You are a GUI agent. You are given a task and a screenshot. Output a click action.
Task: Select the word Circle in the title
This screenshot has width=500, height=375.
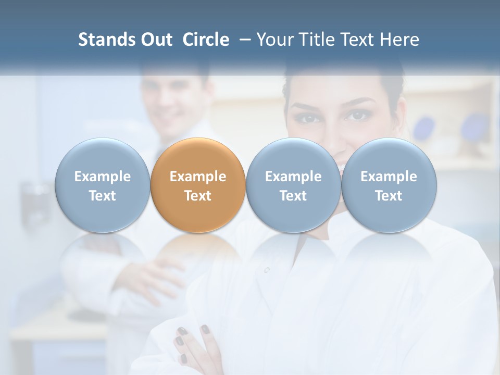coord(206,40)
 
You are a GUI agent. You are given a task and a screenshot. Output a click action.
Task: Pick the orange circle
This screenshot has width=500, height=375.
coord(198,185)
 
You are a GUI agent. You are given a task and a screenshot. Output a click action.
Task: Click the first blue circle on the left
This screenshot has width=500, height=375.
coord(102,185)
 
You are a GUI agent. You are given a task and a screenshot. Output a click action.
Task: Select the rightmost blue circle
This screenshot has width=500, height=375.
coord(389,185)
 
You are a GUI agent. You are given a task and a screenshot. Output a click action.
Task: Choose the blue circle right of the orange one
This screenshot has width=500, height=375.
coord(293,185)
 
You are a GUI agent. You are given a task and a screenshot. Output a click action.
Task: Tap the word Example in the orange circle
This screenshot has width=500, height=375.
coord(198,177)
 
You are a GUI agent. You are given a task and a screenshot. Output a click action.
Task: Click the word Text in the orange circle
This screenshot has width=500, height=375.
coord(198,196)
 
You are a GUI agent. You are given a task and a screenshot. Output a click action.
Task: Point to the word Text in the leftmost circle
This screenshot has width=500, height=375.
coord(102,196)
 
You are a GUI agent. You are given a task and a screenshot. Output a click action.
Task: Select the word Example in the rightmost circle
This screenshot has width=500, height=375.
coord(389,177)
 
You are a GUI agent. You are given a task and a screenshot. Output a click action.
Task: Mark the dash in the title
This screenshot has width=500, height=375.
coord(243,40)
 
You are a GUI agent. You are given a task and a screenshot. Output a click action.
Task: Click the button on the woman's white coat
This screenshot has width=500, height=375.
coord(267,270)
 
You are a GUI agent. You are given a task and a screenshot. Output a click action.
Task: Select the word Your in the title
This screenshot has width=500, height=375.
coord(276,40)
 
